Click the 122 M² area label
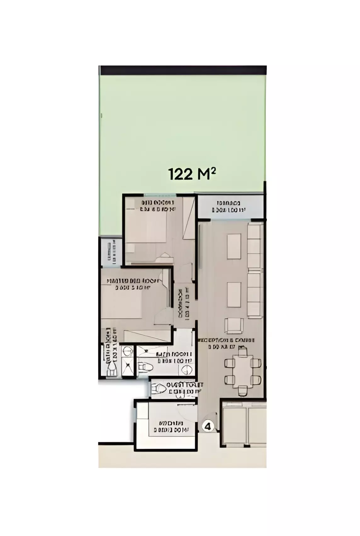coord(192,174)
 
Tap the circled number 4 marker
coord(208,426)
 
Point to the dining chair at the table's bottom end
coord(242,391)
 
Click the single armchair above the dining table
coord(233,325)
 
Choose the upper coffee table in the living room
coord(234,246)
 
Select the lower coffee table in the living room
coord(234,295)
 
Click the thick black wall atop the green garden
coord(183,70)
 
